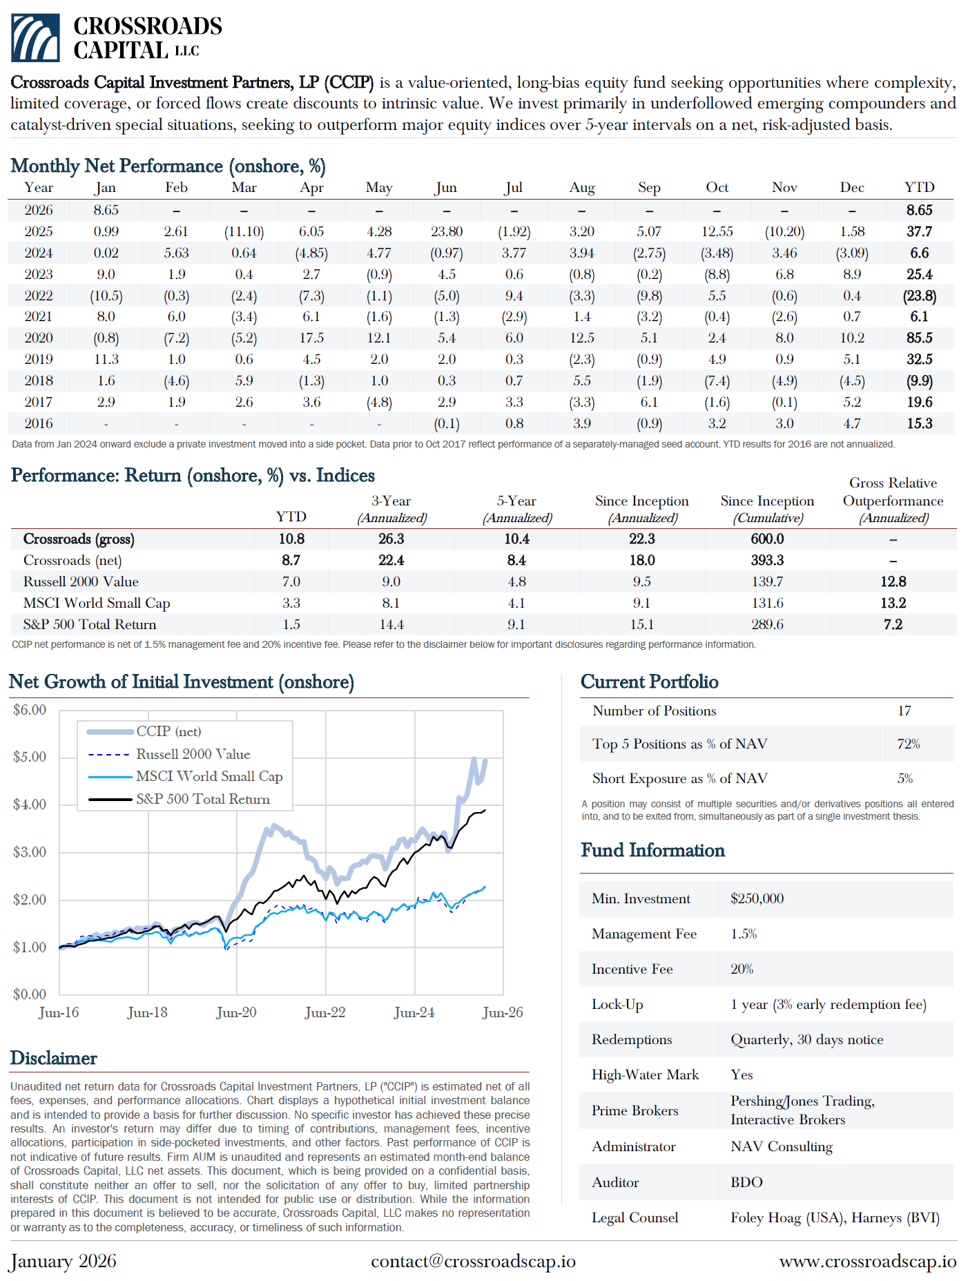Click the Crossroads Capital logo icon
(35, 38)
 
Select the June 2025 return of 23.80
(446, 231)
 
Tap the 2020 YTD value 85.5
(919, 338)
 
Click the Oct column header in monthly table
(717, 188)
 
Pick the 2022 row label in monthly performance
(39, 296)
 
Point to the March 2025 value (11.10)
(244, 231)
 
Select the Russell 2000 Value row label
(81, 581)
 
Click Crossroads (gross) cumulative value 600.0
(767, 539)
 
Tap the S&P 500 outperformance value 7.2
(893, 624)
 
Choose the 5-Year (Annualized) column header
(516, 509)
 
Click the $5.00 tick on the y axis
(30, 757)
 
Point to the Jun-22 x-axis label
(325, 1012)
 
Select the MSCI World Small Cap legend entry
(209, 776)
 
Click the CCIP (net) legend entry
(168, 731)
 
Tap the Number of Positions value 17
(904, 711)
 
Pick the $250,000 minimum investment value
(757, 898)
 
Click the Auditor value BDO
(746, 1182)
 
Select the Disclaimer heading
(54, 1058)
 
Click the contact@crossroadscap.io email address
(473, 1261)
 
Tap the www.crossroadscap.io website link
(867, 1261)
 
